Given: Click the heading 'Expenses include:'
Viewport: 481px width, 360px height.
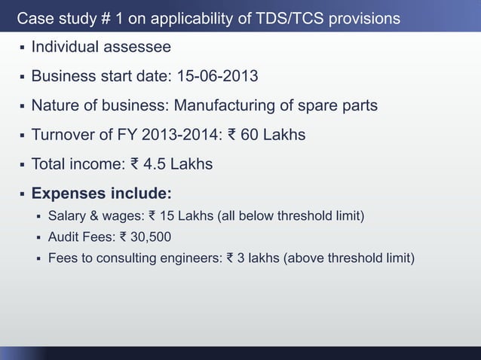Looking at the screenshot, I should pyautogui.click(x=101, y=192).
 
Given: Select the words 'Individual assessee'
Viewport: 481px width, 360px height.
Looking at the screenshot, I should pyautogui.click(x=100, y=47).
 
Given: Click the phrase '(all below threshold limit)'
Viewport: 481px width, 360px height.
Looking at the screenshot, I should pyautogui.click(x=291, y=218).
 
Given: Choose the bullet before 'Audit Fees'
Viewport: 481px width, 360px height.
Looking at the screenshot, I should pyautogui.click(x=38, y=238).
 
